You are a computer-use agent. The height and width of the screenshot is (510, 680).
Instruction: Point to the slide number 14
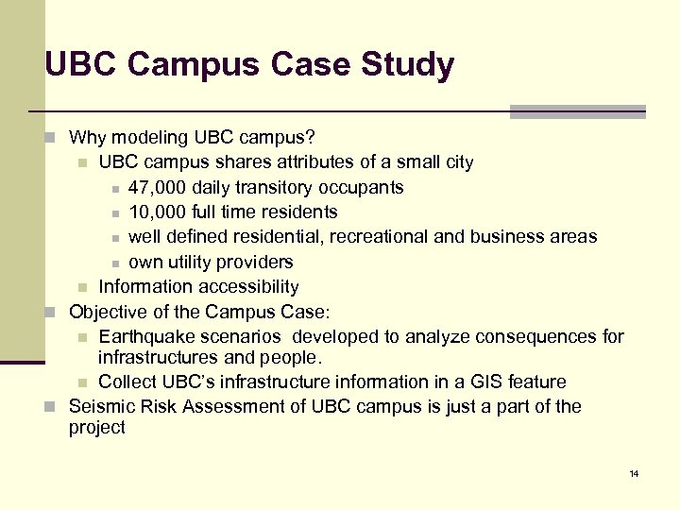(634, 473)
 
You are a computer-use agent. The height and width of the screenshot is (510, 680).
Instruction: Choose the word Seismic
(102, 406)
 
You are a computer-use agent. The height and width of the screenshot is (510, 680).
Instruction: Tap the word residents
(297, 212)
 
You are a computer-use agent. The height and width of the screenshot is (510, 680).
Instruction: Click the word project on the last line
(97, 428)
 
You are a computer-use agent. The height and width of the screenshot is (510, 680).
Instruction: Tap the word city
(457, 161)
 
